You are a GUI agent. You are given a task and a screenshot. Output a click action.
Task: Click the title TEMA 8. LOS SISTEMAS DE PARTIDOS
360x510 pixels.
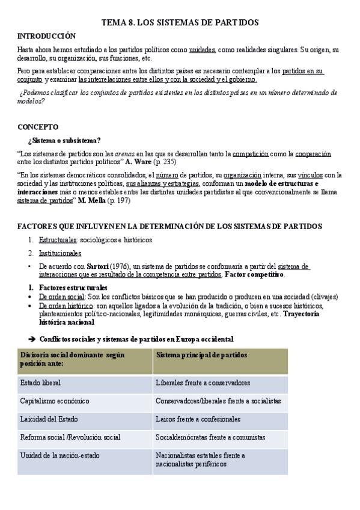(180, 22)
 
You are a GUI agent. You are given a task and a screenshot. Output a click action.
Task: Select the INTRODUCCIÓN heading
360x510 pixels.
(46, 36)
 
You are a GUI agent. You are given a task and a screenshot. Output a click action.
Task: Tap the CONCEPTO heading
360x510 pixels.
(38, 127)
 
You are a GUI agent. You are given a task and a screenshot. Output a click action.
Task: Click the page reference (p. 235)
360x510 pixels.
(166, 162)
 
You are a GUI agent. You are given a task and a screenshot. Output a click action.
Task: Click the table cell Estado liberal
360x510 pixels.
(40, 382)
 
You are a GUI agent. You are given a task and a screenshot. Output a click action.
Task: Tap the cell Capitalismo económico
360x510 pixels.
(54, 401)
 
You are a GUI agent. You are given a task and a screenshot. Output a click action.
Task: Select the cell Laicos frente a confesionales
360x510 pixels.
(198, 419)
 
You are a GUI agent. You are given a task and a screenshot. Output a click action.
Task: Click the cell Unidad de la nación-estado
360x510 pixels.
(59, 455)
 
